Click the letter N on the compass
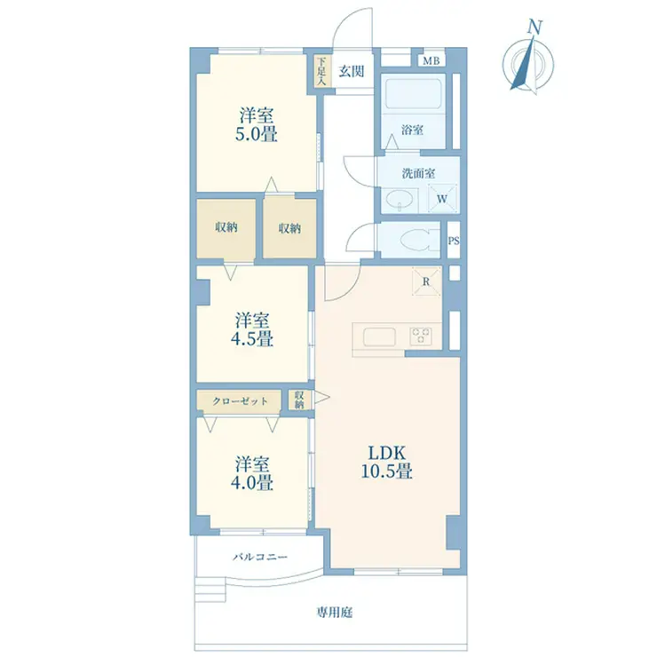(534, 27)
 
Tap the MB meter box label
(431, 61)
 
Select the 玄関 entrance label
(351, 71)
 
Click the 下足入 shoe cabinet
(321, 71)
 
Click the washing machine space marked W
(442, 198)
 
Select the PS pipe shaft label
(454, 241)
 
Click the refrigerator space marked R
(426, 281)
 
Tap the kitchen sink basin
(379, 336)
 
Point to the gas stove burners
(421, 336)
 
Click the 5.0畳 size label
(256, 134)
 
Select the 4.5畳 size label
(252, 338)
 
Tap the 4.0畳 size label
(252, 483)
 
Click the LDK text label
(387, 454)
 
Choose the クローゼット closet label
(240, 401)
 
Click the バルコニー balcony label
(260, 557)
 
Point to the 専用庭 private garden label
(335, 613)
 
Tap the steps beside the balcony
(210, 590)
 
